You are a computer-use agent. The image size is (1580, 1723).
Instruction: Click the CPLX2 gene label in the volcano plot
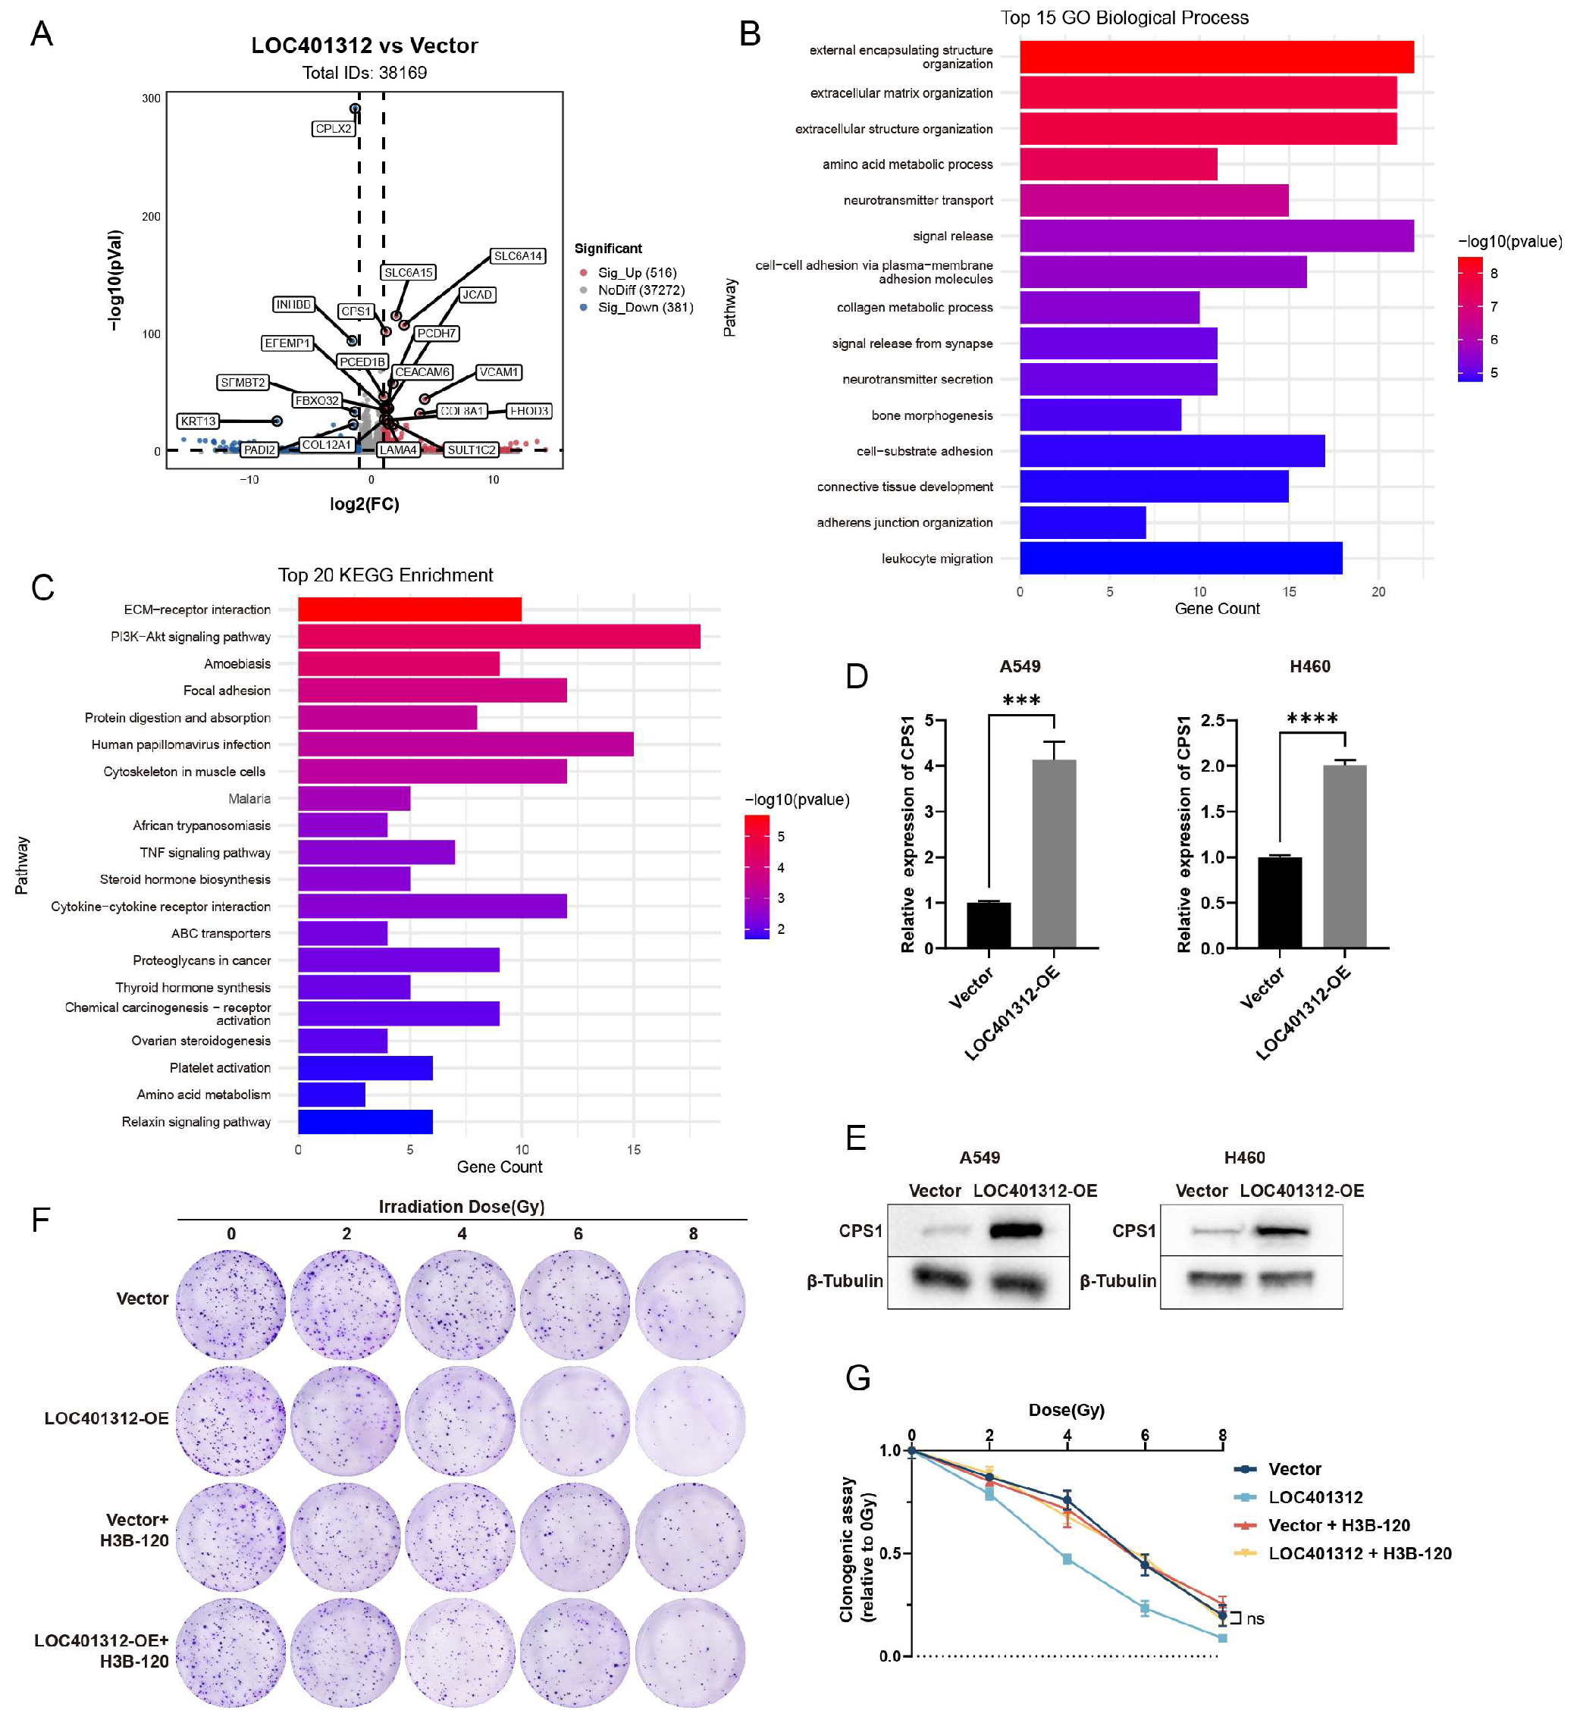pos(333,129)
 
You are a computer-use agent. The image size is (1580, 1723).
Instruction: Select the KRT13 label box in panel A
pos(197,421)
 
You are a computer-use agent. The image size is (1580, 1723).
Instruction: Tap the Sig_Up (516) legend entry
pos(637,273)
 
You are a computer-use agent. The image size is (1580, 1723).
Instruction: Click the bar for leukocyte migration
pos(1180,558)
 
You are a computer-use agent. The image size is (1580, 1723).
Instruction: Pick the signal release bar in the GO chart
pos(1216,236)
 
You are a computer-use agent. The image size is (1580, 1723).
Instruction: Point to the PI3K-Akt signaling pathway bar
pos(498,637)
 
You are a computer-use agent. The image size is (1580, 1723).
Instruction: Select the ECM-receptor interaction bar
pos(409,609)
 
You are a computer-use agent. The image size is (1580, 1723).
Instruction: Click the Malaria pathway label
pos(249,798)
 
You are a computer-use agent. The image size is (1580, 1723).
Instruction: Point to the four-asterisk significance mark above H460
pos(1312,719)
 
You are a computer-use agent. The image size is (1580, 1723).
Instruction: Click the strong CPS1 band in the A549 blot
pos(1016,1231)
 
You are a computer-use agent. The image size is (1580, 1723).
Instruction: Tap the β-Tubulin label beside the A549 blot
pos(845,1280)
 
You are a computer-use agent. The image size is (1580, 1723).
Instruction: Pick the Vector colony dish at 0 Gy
pos(230,1305)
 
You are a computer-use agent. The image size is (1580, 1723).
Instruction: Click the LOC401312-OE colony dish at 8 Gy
pos(691,1422)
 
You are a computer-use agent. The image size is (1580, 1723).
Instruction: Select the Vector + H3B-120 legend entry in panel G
pos(1338,1526)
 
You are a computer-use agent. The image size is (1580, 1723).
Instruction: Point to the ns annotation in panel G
pos(1254,1618)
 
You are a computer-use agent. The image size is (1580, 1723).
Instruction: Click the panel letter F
pos(40,1220)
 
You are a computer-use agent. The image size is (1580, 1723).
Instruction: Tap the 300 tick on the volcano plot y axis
pos(152,99)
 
